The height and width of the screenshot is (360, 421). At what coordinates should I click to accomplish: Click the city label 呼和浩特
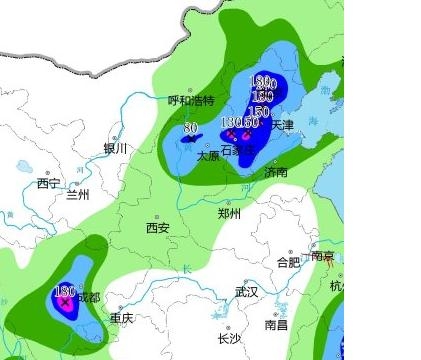pyautogui.click(x=191, y=100)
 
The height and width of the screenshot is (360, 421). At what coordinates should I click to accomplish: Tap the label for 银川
pyautogui.click(x=115, y=148)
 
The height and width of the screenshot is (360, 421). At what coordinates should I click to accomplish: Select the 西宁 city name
pyautogui.click(x=48, y=183)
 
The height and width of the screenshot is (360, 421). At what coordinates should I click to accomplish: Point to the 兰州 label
pyautogui.click(x=77, y=194)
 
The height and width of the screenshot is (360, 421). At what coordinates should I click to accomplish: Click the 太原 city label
pyautogui.click(x=207, y=156)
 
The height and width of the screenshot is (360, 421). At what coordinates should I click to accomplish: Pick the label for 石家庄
pyautogui.click(x=237, y=150)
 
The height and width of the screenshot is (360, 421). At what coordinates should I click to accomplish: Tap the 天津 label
pyautogui.click(x=282, y=126)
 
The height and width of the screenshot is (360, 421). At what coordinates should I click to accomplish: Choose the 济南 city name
pyautogui.click(x=276, y=172)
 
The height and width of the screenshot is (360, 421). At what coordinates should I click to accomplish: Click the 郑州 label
pyautogui.click(x=230, y=213)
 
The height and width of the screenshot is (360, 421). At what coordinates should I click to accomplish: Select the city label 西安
pyautogui.click(x=157, y=228)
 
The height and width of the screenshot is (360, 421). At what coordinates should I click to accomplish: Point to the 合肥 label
pyautogui.click(x=287, y=262)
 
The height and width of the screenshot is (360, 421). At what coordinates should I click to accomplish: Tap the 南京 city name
pyautogui.click(x=322, y=256)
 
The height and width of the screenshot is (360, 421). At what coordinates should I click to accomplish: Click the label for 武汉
pyautogui.click(x=246, y=292)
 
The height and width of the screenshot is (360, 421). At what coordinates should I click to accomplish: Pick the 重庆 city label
pyautogui.click(x=121, y=318)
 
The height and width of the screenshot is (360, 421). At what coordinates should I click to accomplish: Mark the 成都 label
pyautogui.click(x=89, y=297)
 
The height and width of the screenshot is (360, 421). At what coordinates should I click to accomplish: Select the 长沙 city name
pyautogui.click(x=228, y=338)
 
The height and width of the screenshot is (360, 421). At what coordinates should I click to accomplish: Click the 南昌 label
pyautogui.click(x=276, y=325)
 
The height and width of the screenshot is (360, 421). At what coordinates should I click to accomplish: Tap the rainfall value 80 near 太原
pyautogui.click(x=190, y=128)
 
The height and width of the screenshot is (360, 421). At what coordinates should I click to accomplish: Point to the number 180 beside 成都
pyautogui.click(x=63, y=290)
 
